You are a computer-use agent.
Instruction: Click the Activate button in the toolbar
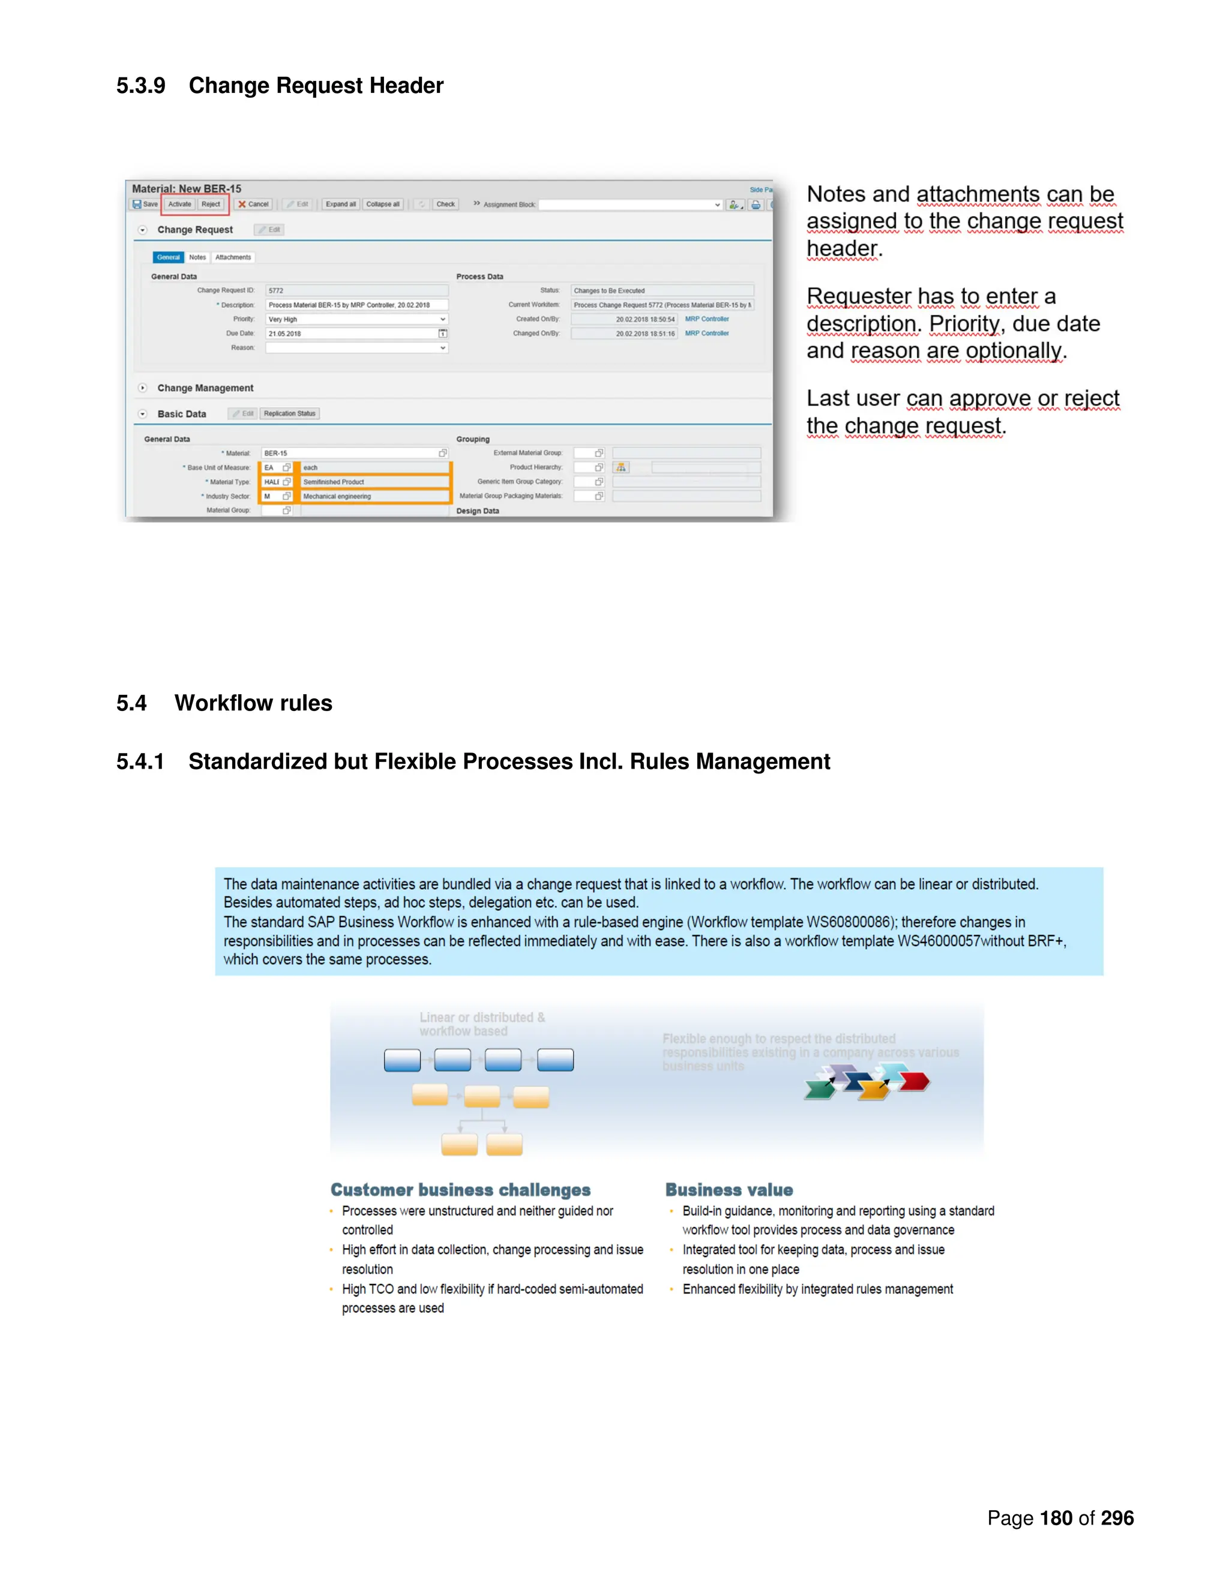(179, 205)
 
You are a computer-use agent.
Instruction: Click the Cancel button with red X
(253, 205)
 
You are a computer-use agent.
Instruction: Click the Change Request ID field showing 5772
(356, 290)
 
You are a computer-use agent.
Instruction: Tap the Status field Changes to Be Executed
(661, 290)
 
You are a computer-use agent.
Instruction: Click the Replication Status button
(290, 413)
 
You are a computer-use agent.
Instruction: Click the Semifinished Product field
(374, 482)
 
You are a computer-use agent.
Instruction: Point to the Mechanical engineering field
(374, 497)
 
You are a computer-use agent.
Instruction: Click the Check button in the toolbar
(446, 205)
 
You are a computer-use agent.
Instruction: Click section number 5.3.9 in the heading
(140, 85)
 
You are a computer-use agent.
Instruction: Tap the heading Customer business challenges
(460, 1190)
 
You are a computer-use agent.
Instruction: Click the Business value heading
(729, 1190)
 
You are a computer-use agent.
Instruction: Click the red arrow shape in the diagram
(915, 1082)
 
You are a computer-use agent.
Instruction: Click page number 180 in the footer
(1056, 1518)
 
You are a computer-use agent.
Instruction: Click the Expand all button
(340, 205)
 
